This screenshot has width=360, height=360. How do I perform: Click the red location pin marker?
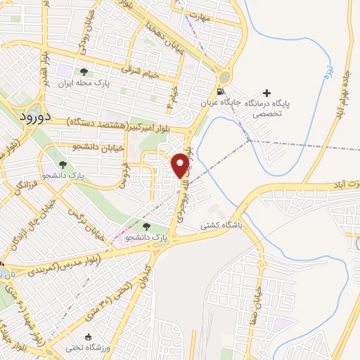pos(181,165)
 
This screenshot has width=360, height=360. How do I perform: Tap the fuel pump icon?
pos(221,91)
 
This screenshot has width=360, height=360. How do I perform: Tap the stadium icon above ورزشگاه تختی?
pos(88,337)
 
